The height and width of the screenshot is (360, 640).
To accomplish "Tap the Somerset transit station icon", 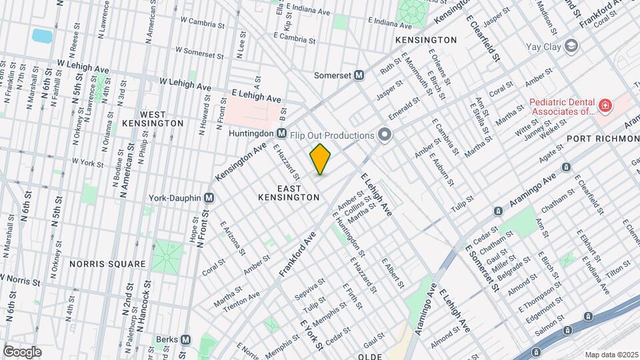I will coord(359,75).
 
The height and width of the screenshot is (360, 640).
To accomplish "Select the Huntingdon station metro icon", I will coord(281,133).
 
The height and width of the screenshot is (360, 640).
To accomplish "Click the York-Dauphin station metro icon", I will coord(209,198).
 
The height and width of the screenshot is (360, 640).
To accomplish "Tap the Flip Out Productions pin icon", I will coord(384,135).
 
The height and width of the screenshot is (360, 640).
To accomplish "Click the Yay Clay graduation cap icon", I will coord(571,46).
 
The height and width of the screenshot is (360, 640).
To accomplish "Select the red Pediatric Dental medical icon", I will coord(605,106).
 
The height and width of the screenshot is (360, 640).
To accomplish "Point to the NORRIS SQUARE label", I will coord(107,264).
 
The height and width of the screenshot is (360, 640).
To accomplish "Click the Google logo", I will coord(22,351).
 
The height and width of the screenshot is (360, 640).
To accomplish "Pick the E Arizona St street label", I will coord(229,234).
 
